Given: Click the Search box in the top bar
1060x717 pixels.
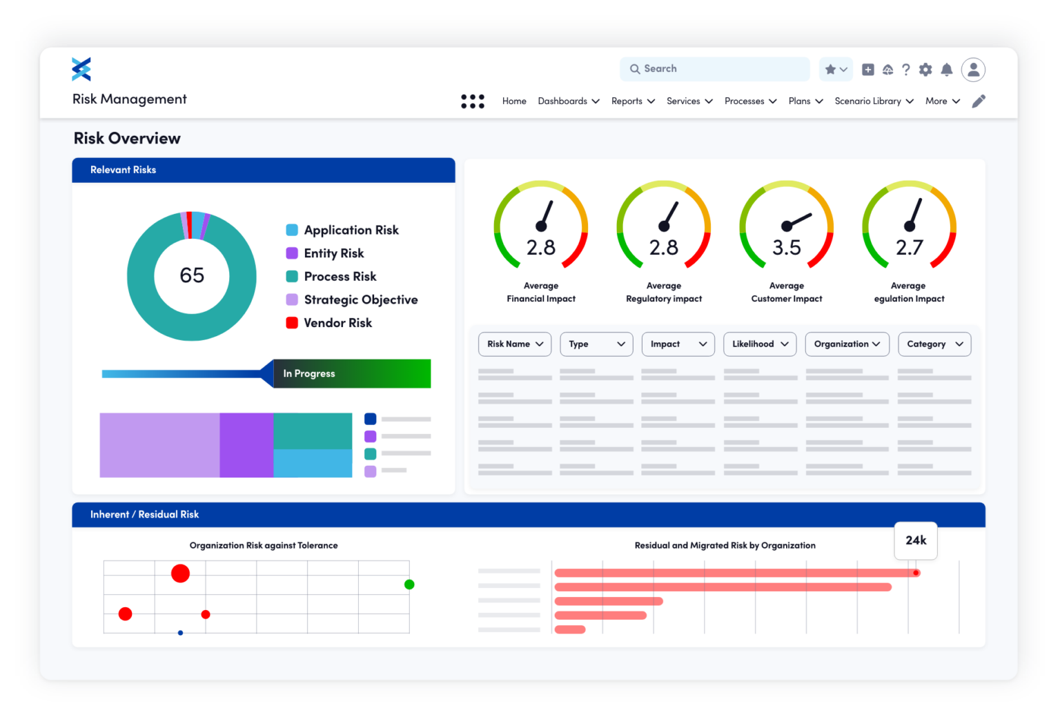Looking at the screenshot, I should (x=714, y=69).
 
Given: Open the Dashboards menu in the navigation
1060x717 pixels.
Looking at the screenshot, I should (x=569, y=101).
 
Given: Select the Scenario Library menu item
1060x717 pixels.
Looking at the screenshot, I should (x=874, y=101).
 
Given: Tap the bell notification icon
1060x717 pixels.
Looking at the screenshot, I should (x=947, y=70).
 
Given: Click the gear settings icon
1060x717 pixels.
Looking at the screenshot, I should (x=925, y=70).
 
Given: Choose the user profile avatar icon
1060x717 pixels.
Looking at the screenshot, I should (x=973, y=69).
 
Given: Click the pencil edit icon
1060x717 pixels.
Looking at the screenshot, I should (x=979, y=101).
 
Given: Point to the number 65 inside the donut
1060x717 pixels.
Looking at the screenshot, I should (x=192, y=275).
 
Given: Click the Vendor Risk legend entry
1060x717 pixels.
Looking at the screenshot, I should (x=337, y=323).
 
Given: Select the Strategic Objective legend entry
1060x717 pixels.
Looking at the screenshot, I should (x=360, y=299).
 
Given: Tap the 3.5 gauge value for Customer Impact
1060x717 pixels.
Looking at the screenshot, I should (x=787, y=248).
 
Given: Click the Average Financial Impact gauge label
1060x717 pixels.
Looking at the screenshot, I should (x=541, y=293).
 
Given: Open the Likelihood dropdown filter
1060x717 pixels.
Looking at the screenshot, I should (x=760, y=344).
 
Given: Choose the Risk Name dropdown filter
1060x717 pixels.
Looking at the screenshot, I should (x=515, y=344).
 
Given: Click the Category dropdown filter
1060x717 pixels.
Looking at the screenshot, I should (x=934, y=344).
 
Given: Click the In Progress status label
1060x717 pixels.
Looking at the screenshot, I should (x=309, y=373).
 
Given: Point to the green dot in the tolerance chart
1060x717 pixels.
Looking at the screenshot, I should (x=409, y=585).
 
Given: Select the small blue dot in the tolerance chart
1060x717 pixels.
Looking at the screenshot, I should (x=181, y=633).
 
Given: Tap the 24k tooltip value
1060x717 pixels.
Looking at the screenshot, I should (x=916, y=540).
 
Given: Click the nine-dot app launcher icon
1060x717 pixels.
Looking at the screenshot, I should (x=473, y=101).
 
